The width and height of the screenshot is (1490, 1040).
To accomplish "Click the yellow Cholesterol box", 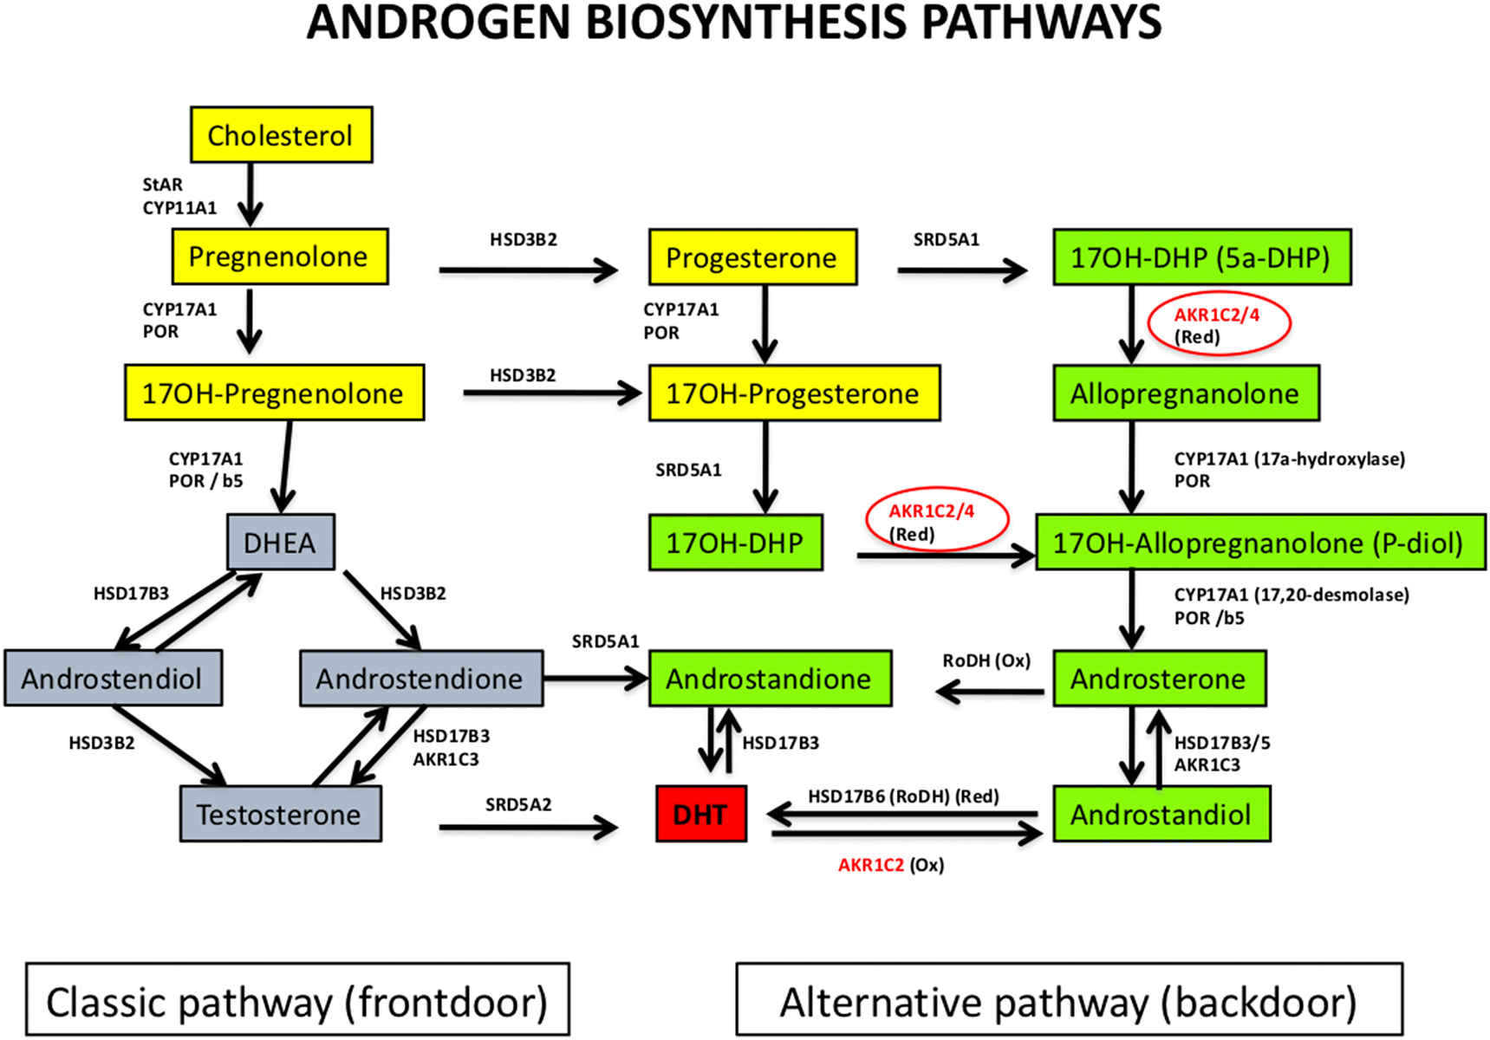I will coord(281,135).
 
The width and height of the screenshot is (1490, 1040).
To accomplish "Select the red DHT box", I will coord(700,814).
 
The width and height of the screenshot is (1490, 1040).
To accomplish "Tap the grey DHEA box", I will coord(280,543).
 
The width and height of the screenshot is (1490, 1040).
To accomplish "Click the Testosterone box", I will coord(280,814).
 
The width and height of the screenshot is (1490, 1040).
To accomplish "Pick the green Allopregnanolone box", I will coord(1185,393).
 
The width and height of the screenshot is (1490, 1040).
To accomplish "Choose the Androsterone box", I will coord(1159,679).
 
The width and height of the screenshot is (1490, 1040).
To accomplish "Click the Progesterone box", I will coord(752,257).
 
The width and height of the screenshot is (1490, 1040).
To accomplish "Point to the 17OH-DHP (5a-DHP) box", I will coord(1201,257).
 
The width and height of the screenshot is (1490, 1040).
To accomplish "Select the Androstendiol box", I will coord(113,679).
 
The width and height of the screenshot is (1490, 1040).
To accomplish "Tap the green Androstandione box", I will coord(770,679).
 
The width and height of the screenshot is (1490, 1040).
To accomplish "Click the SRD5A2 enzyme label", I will coord(518,804).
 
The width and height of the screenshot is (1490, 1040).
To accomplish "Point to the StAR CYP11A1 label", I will coord(179,196).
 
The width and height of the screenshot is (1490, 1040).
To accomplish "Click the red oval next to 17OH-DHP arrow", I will coord(936,520).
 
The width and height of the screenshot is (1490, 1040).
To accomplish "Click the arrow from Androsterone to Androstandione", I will coord(990,692).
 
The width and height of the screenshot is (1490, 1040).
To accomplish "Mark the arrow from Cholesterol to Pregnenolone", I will coord(251,194).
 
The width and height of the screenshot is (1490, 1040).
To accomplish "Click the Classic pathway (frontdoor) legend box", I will coord(297,1000).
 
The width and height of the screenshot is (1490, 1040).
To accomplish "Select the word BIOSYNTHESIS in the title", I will coord(747,23).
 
